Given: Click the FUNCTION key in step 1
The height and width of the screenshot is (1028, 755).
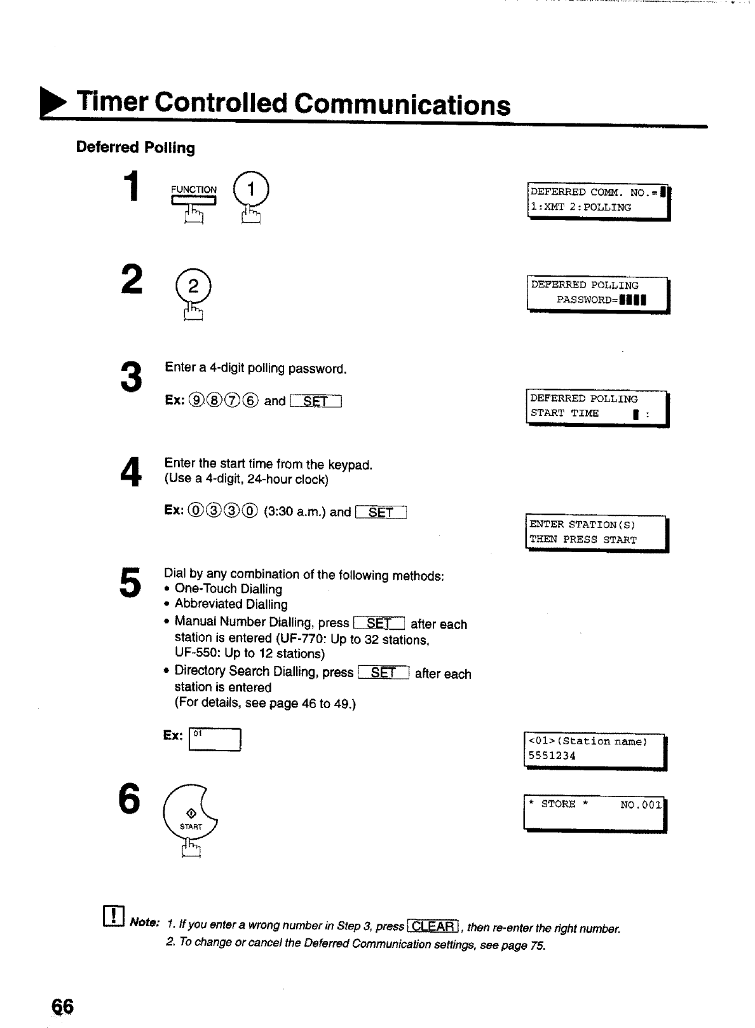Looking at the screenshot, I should coord(194,200).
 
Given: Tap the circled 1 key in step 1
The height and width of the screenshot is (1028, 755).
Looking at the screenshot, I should coord(252,190).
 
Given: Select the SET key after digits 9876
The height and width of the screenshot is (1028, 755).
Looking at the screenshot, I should coord(316,401).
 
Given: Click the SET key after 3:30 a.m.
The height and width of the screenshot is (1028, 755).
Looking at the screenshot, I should coord(381,512).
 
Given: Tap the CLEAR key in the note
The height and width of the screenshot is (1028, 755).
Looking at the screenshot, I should coord(434,926).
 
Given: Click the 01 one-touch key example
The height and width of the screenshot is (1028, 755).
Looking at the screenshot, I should coord(215,740).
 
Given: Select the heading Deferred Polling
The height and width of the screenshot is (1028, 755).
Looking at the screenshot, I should coord(135,148).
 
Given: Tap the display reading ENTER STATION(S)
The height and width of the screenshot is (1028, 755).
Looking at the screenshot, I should coord(597,532).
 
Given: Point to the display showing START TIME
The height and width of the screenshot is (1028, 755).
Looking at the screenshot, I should coord(597,406).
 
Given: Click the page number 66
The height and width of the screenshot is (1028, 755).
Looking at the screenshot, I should coord(63,1007).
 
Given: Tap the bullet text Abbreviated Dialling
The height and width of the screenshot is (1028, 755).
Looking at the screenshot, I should coord(231,604).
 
